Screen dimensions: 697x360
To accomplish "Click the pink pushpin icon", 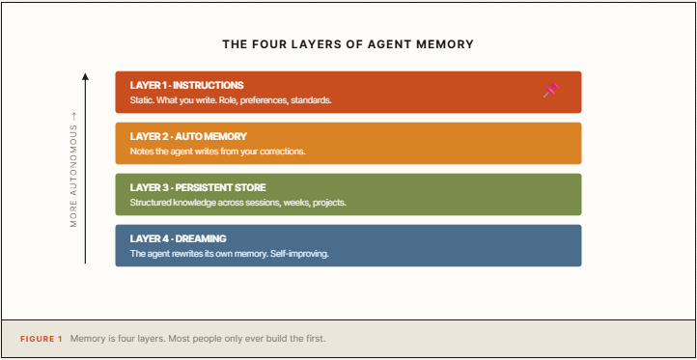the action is [x=551, y=90].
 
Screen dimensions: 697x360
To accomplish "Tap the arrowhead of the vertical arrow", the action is [x=85, y=76].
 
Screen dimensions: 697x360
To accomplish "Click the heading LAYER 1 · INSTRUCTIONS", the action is [x=186, y=85].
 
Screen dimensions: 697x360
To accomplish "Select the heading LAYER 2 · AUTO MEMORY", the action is [x=188, y=136].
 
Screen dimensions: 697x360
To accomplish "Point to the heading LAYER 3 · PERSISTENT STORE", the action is [x=198, y=187].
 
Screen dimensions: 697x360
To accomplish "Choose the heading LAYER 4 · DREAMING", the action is [x=179, y=238].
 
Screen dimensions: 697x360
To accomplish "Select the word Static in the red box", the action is [x=141, y=100].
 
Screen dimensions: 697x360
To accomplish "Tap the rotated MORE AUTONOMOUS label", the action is [x=73, y=170].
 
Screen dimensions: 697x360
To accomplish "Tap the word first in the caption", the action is [x=315, y=339].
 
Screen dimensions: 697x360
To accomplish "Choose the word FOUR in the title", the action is [x=268, y=44].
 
